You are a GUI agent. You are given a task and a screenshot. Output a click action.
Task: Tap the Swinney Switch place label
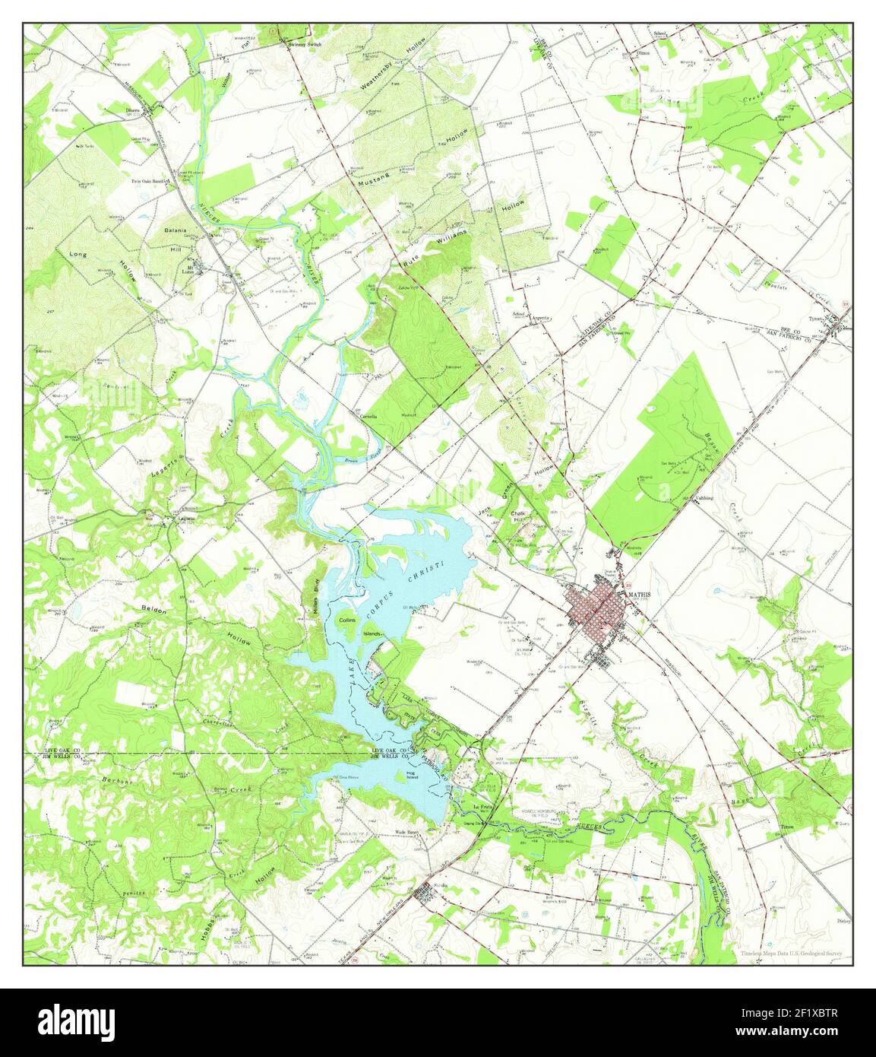pos(305,45)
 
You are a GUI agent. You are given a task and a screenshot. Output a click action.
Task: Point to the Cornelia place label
pos(369,416)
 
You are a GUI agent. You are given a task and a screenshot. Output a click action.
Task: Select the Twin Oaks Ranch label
pos(148,182)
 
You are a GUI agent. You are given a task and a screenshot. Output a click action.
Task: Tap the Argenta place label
pos(540,318)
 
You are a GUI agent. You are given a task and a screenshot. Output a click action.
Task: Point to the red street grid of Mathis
pos(596,609)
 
